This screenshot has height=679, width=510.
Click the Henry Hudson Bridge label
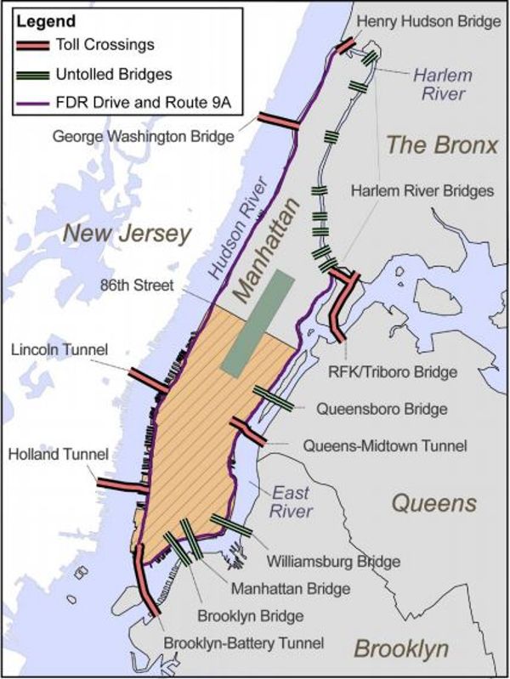tap(429, 21)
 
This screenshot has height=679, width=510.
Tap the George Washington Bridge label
tap(143, 136)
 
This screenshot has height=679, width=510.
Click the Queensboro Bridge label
tap(382, 409)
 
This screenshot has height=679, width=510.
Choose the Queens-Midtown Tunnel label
tap(384, 444)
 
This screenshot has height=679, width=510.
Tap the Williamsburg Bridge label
tap(333, 561)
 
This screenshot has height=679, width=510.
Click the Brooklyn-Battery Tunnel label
tap(243, 643)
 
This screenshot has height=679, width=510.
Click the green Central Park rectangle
tap(258, 323)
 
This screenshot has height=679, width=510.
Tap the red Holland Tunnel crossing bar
tap(123, 485)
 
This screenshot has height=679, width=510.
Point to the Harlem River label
tap(442, 83)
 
